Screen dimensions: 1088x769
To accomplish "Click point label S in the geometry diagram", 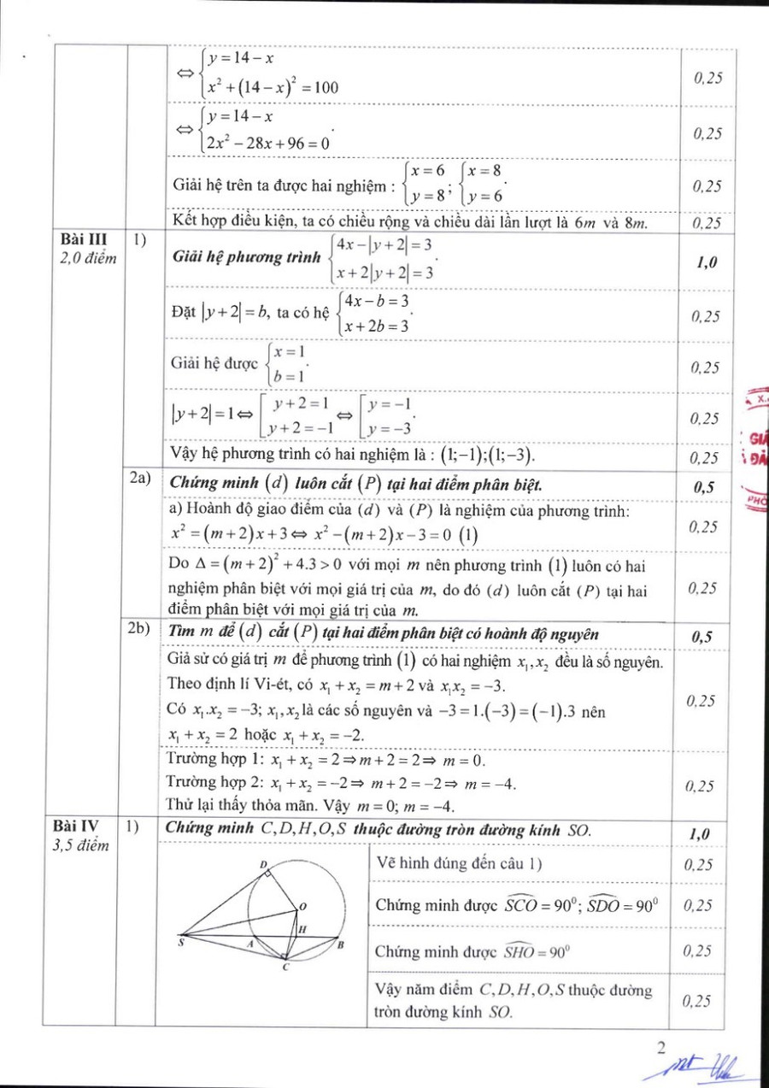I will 180,944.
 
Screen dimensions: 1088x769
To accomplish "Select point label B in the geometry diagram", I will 340,944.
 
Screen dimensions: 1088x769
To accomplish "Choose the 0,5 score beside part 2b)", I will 701,637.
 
